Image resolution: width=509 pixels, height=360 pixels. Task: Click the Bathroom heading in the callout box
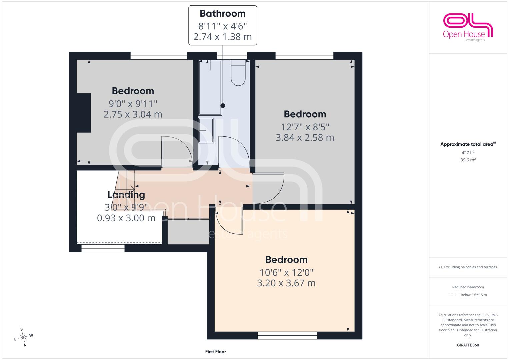point(222,14)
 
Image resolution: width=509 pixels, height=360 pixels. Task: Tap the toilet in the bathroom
point(238,73)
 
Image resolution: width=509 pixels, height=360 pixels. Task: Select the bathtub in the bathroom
point(210,87)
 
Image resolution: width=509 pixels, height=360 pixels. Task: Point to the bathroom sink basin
point(206,130)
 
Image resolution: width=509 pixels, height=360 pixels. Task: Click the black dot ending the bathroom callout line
point(223,105)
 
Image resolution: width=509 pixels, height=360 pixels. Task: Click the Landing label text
point(126,195)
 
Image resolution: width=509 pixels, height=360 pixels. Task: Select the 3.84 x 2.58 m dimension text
point(305,137)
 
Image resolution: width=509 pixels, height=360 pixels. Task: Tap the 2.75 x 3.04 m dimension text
point(133,114)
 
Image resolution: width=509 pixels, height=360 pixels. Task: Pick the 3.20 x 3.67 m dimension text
point(286,283)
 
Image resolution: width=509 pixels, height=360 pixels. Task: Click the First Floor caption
point(215,352)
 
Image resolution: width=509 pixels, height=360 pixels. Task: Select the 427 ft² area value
point(468,153)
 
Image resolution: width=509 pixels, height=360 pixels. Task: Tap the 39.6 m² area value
point(468,160)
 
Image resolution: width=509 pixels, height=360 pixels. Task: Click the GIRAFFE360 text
point(468,345)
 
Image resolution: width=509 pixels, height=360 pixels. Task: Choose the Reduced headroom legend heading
point(468,287)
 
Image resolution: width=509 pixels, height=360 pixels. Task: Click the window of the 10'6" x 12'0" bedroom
point(287,335)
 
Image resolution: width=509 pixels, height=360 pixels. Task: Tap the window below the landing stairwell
point(103,248)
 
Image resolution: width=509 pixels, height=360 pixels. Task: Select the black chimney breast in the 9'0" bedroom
point(84,113)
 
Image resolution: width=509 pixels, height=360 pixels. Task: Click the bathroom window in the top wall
point(232,56)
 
